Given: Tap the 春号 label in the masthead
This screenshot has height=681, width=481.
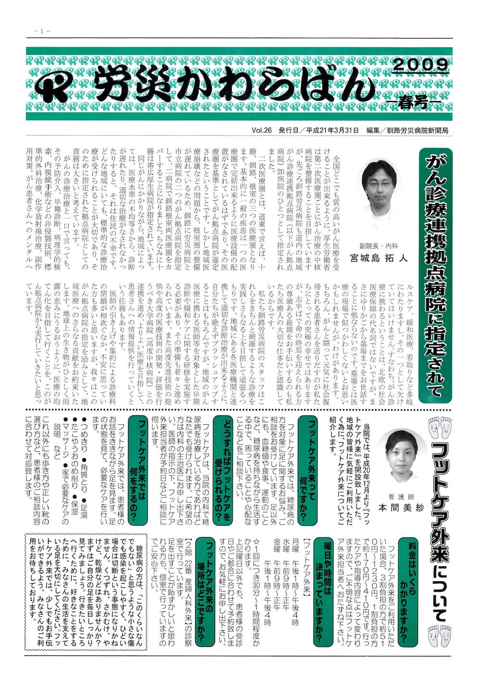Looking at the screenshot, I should (413, 102).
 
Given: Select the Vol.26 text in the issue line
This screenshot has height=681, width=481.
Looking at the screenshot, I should (262, 131).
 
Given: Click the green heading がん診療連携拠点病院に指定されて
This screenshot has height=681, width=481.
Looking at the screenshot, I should (436, 275).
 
